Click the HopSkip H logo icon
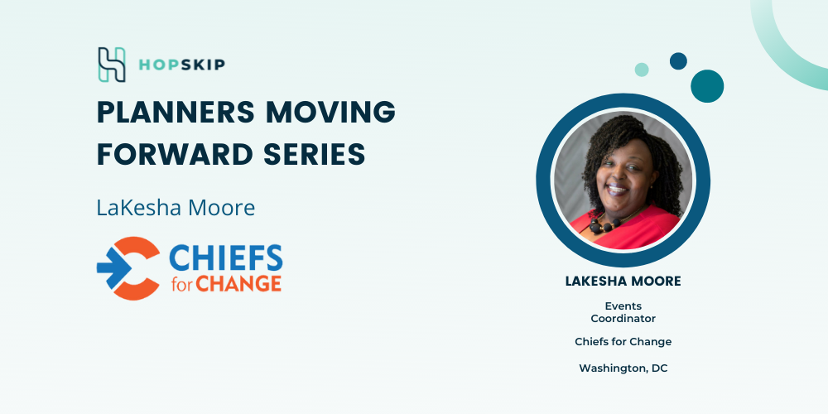pos(112,65)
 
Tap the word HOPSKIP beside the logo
pos(181,65)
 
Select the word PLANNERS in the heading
pos(176,112)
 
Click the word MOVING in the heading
pos(331,112)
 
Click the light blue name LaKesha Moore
pos(176,208)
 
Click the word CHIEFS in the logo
pos(225,258)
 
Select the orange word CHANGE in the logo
pos(238,283)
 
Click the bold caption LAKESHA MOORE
pos(623,282)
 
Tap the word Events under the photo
pos(623,306)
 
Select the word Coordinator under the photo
pos(623,319)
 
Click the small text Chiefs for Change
pos(623,342)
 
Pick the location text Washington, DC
pos(623,368)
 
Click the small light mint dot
pos(642,70)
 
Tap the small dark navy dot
pos(679,60)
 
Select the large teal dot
pos(707,86)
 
